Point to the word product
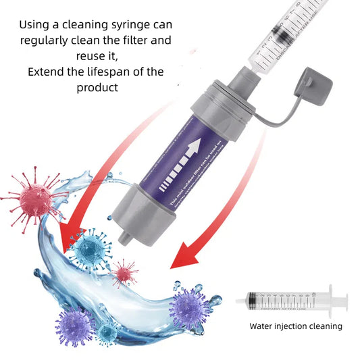point(98,87)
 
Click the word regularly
point(45,40)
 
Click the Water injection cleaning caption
point(295,326)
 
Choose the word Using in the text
point(33,24)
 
